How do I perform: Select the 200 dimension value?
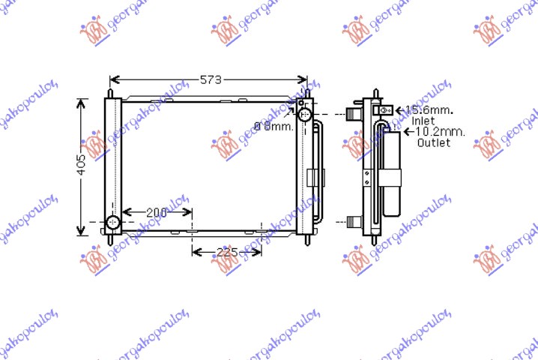[156, 213]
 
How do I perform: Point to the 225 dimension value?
[226, 252]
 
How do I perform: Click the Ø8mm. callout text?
[273, 126]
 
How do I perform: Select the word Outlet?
[434, 142]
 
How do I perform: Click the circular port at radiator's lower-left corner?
[112, 223]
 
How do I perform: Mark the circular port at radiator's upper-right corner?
[304, 115]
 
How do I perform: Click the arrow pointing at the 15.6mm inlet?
[399, 110]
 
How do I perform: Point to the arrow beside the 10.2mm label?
[408, 132]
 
